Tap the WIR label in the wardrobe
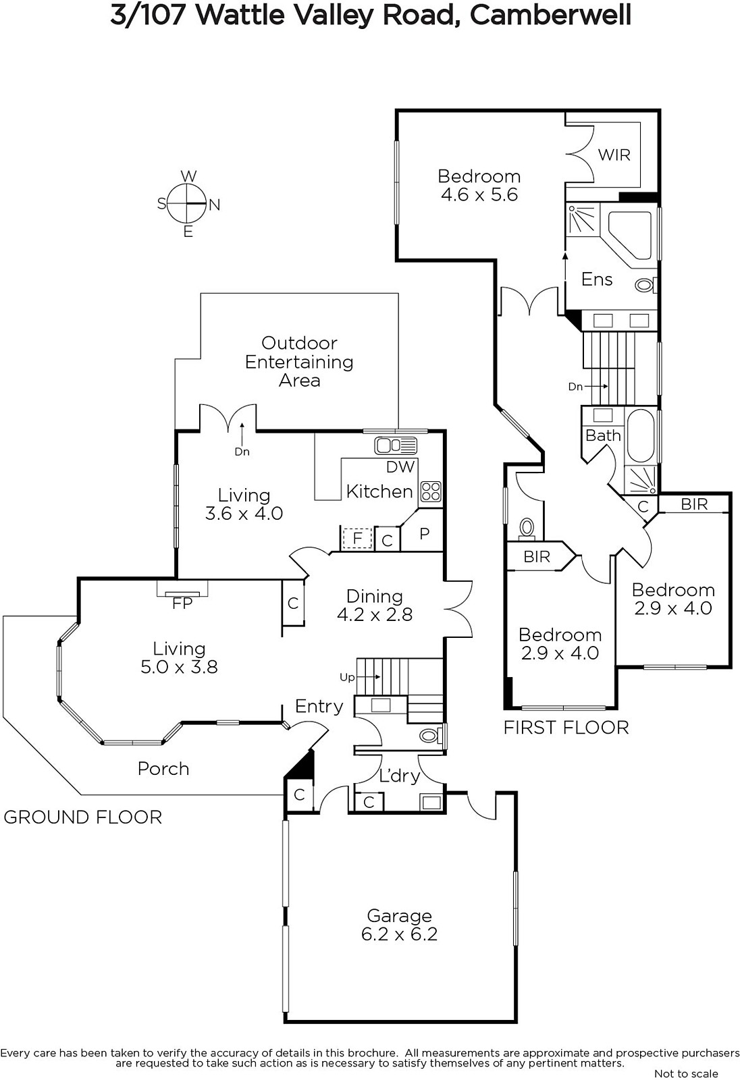pyautogui.click(x=614, y=155)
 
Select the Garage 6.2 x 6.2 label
pyautogui.click(x=400, y=924)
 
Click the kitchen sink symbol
pyautogui.click(x=396, y=446)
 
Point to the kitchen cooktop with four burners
pyautogui.click(x=431, y=491)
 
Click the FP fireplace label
pyautogui.click(x=182, y=603)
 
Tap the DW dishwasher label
pyautogui.click(x=400, y=466)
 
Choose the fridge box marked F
pyautogui.click(x=357, y=537)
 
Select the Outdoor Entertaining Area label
pyautogui.click(x=299, y=362)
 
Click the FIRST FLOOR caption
pyautogui.click(x=566, y=728)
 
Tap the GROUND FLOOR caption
pyautogui.click(x=82, y=817)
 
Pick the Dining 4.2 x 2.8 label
pyautogui.click(x=374, y=605)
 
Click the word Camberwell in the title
pyautogui.click(x=550, y=16)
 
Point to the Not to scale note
pyautogui.click(x=686, y=1073)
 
